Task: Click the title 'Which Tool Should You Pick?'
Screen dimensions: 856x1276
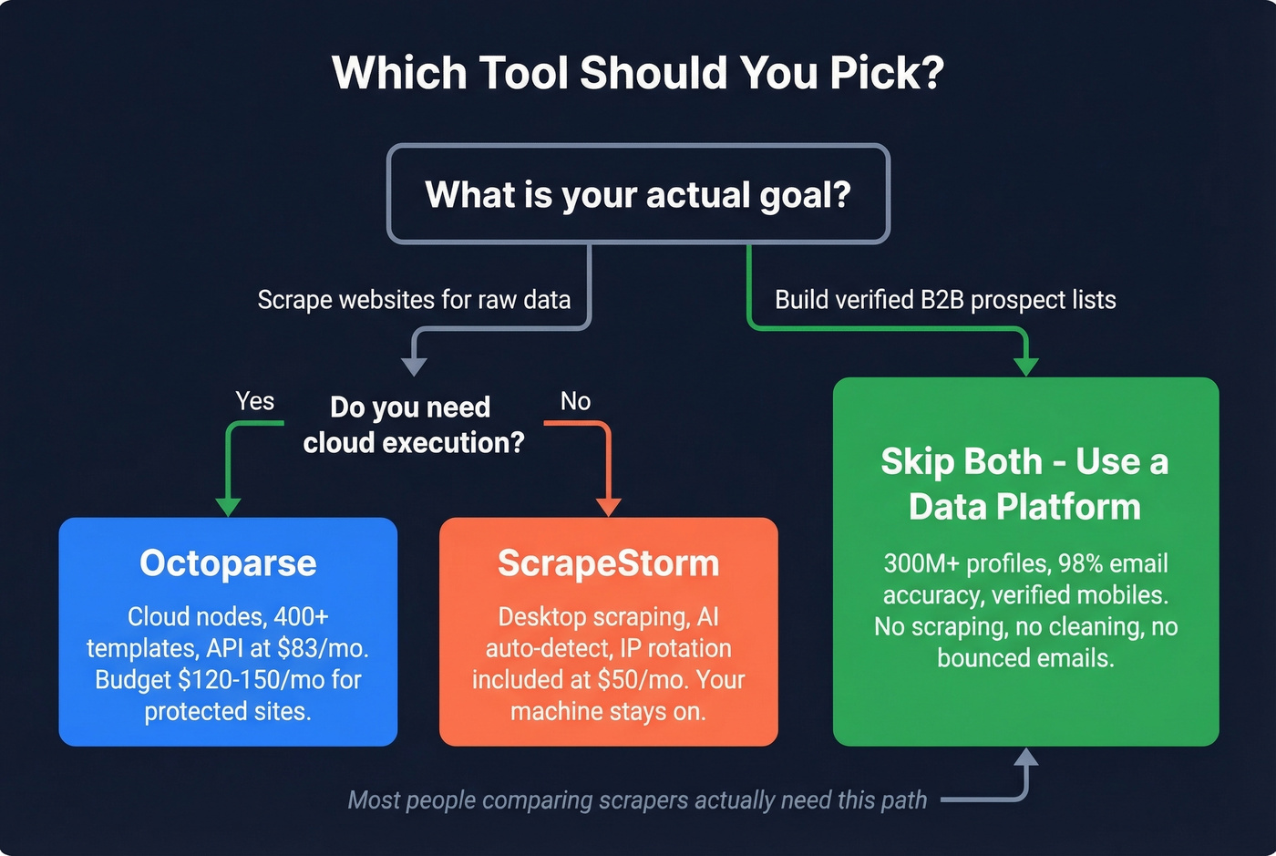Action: pos(638,73)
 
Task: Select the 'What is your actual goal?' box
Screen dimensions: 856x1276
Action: pos(638,194)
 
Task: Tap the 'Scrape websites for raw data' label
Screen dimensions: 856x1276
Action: pos(414,300)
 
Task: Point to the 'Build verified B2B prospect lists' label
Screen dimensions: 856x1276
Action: pos(945,300)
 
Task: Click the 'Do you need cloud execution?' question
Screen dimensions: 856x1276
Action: pos(413,425)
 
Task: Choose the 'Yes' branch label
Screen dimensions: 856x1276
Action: pos(254,401)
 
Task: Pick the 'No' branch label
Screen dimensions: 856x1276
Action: pos(575,401)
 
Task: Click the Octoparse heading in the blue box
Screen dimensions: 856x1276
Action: pos(228,563)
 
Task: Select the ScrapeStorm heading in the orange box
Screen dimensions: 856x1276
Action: pos(608,563)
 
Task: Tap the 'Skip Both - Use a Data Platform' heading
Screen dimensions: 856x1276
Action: pos(1025,484)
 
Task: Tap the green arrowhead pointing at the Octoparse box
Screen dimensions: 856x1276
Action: pos(228,507)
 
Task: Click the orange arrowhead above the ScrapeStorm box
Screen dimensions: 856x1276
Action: pos(608,507)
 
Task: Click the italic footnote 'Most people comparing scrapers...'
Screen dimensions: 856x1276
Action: pos(637,800)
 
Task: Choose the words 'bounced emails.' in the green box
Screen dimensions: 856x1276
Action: pos(1025,658)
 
